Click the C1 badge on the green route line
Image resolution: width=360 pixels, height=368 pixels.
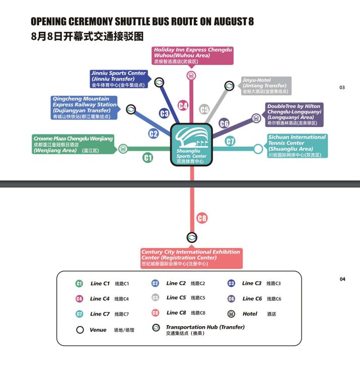pyautogui.click(x=148, y=158)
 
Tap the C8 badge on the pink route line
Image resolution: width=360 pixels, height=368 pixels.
pyautogui.click(x=202, y=218)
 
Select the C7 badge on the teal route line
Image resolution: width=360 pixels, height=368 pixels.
pyautogui.click(x=230, y=142)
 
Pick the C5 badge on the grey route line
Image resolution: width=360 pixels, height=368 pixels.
pyautogui.click(x=204, y=109)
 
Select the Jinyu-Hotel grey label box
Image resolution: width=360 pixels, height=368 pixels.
pyautogui.click(x=266, y=86)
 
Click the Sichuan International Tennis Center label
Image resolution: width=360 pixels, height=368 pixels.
pyautogui.click(x=297, y=146)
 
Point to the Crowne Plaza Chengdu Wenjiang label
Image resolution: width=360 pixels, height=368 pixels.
pyautogui.click(x=74, y=144)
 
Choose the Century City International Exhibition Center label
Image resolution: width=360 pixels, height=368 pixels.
pyautogui.click(x=191, y=258)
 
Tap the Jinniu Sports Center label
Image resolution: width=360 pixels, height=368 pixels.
pyautogui.click(x=118, y=79)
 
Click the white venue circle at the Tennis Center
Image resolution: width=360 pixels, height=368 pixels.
pyautogui.click(x=258, y=149)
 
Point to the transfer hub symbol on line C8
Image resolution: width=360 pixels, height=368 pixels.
pyautogui.click(x=192, y=237)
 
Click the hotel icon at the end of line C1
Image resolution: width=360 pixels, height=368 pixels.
pyautogui.click(x=123, y=149)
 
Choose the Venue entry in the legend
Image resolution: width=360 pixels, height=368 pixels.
pyautogui.click(x=98, y=330)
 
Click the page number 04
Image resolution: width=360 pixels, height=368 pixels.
pyautogui.click(x=342, y=279)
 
